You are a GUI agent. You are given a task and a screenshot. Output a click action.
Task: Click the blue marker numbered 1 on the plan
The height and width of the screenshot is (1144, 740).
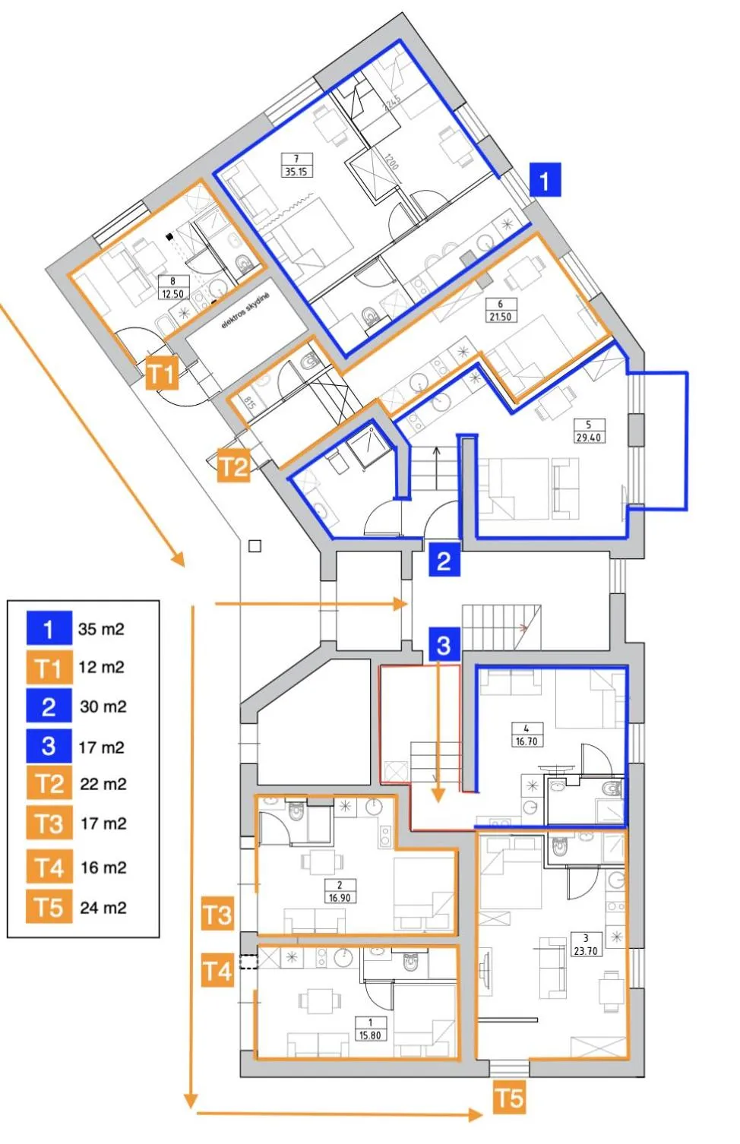pos(544,180)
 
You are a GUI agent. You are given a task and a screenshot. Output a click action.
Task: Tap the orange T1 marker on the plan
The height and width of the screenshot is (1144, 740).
pos(161,372)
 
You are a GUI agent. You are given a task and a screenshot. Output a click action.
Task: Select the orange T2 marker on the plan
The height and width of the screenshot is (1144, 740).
pos(233,465)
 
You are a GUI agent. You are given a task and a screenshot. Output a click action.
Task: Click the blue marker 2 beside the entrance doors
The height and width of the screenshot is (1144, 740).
pos(444,560)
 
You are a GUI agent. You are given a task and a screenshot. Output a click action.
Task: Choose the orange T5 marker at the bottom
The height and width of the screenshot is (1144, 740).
pos(509,1098)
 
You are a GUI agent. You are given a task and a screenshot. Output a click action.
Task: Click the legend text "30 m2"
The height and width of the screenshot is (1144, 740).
pos(103,707)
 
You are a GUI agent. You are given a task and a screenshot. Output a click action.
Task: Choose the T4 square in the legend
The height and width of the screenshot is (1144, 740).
pos(49,867)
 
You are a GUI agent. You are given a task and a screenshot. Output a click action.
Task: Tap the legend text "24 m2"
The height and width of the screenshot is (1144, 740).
pos(103,908)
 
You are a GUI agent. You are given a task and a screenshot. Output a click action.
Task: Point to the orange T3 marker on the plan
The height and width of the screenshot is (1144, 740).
pos(217,914)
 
